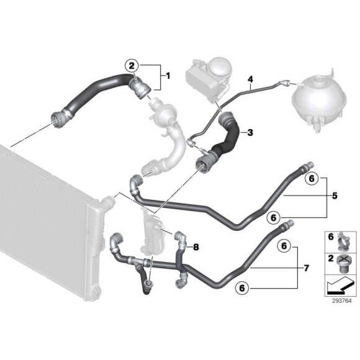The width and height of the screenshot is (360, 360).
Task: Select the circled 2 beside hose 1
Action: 131,65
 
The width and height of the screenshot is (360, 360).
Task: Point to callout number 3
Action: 250,133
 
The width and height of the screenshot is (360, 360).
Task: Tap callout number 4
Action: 251,79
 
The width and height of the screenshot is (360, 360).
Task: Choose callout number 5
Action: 335,197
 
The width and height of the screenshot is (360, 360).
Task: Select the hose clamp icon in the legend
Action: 343,238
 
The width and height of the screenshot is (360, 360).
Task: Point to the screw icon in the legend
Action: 343,261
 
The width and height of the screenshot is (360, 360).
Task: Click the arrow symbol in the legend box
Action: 338,285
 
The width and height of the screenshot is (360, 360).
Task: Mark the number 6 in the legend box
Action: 330,236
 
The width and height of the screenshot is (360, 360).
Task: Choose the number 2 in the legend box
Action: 330,258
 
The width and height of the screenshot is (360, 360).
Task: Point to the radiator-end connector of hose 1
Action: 61,116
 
